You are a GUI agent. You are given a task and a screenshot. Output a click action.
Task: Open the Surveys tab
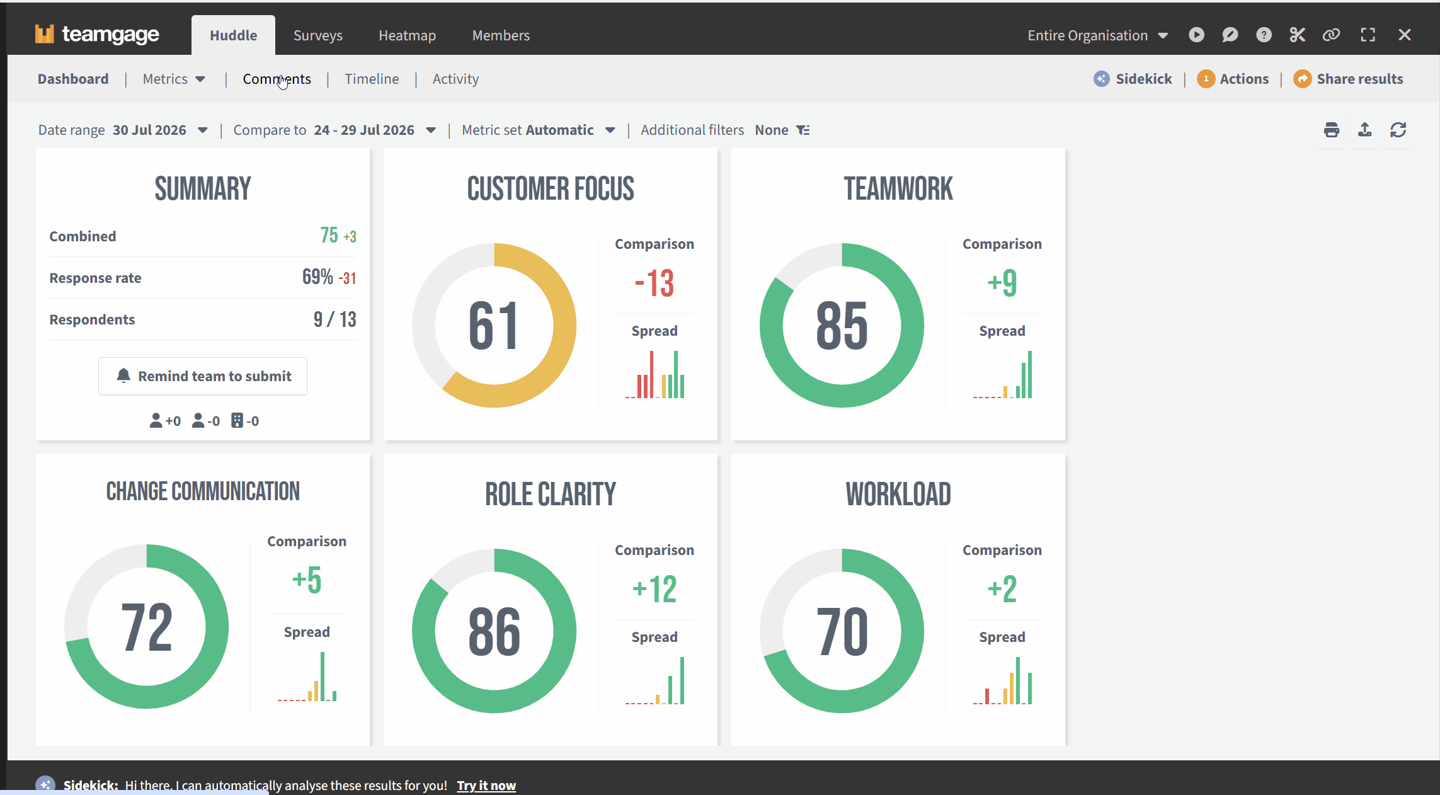click(317, 35)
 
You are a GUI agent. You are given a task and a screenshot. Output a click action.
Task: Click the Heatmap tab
click(407, 35)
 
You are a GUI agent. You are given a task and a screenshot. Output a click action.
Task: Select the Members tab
click(501, 35)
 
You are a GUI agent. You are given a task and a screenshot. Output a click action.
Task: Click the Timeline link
click(372, 79)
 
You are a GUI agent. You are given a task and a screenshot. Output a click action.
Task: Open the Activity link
click(455, 79)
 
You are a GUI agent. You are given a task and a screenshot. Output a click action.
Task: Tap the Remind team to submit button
click(203, 376)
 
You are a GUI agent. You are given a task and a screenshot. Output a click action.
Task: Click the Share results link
click(1348, 79)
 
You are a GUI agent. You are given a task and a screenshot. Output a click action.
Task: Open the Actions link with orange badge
click(1233, 79)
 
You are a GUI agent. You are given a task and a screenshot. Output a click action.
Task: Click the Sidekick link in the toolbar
click(1133, 79)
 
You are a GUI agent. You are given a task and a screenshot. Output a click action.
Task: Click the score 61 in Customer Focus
click(494, 326)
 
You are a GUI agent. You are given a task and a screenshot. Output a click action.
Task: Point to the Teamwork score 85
click(842, 326)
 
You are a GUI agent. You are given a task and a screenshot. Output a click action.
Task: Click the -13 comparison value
click(654, 283)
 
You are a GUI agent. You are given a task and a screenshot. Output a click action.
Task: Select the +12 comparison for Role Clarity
click(654, 589)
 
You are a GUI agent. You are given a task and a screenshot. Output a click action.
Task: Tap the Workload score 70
click(842, 631)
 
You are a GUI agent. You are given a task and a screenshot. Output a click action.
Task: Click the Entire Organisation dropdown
click(1098, 35)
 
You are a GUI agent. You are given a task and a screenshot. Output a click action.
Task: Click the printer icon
click(1332, 130)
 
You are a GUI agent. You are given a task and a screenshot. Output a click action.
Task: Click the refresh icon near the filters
click(1398, 130)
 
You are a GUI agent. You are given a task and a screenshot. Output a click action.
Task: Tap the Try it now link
click(486, 786)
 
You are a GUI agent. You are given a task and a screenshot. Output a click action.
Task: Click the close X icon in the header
click(1405, 35)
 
